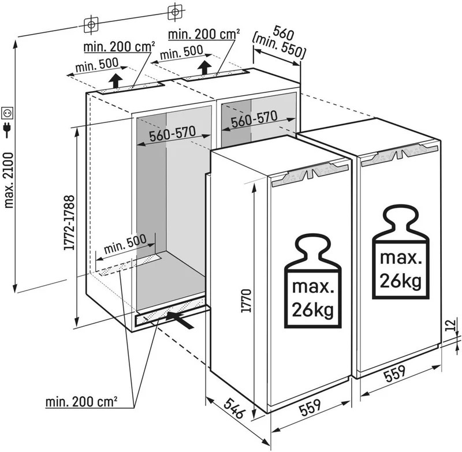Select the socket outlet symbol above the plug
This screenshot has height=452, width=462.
click(8, 110)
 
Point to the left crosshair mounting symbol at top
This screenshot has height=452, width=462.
click(90, 25)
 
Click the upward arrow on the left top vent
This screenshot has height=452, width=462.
click(116, 80)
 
